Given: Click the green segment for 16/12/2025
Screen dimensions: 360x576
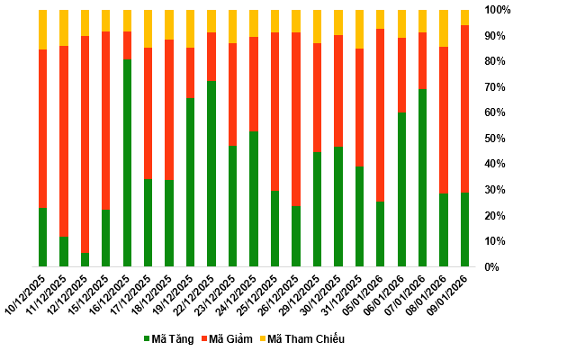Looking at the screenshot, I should click(x=127, y=163).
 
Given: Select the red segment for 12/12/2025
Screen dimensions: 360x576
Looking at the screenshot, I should click(x=85, y=144).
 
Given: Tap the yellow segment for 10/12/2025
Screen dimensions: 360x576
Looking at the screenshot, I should click(x=42, y=30).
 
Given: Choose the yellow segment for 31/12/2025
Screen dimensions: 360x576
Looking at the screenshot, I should click(x=359, y=29).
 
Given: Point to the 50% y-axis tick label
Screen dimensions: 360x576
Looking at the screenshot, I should click(x=497, y=139).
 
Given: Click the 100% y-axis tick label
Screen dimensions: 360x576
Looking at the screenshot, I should click(x=499, y=10).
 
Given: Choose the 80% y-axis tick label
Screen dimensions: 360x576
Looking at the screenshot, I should click(x=497, y=61).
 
